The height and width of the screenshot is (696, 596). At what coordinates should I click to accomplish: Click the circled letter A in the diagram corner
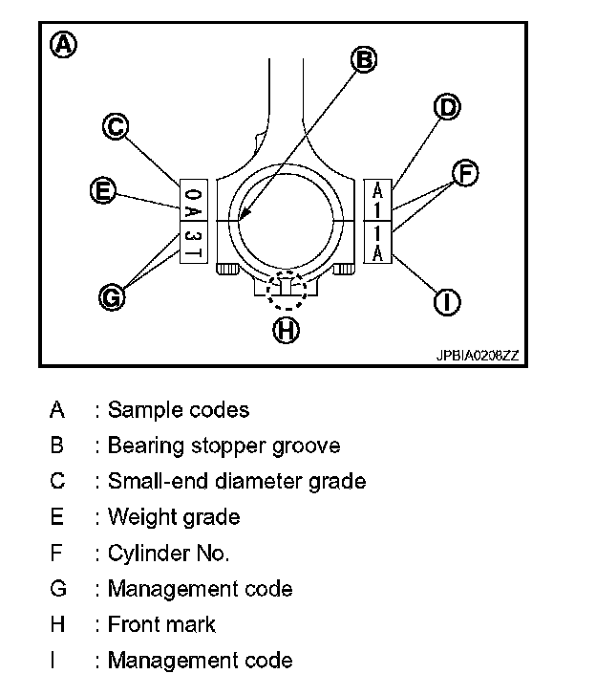64,45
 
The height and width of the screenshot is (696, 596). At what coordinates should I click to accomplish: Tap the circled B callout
363,60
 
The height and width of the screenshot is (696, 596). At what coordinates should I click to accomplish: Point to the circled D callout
446,107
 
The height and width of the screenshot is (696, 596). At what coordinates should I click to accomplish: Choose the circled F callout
464,173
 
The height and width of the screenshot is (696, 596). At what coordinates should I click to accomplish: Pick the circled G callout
113,297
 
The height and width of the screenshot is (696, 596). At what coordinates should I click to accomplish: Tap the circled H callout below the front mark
286,331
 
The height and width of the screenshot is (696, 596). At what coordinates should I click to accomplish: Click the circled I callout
446,303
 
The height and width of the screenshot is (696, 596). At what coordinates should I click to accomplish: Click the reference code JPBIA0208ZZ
478,356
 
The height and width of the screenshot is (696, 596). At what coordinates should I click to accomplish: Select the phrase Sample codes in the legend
178,410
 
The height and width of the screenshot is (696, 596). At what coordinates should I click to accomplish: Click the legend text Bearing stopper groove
223,446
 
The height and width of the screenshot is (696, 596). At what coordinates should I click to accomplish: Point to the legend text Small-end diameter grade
236,481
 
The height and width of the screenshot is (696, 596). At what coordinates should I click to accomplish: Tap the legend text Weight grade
173,517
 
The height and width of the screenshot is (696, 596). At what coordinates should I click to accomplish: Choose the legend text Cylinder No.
168,553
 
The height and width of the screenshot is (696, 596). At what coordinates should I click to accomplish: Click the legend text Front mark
161,624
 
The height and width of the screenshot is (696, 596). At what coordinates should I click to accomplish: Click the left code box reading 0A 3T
193,220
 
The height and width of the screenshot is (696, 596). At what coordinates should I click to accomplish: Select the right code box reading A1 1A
378,220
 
